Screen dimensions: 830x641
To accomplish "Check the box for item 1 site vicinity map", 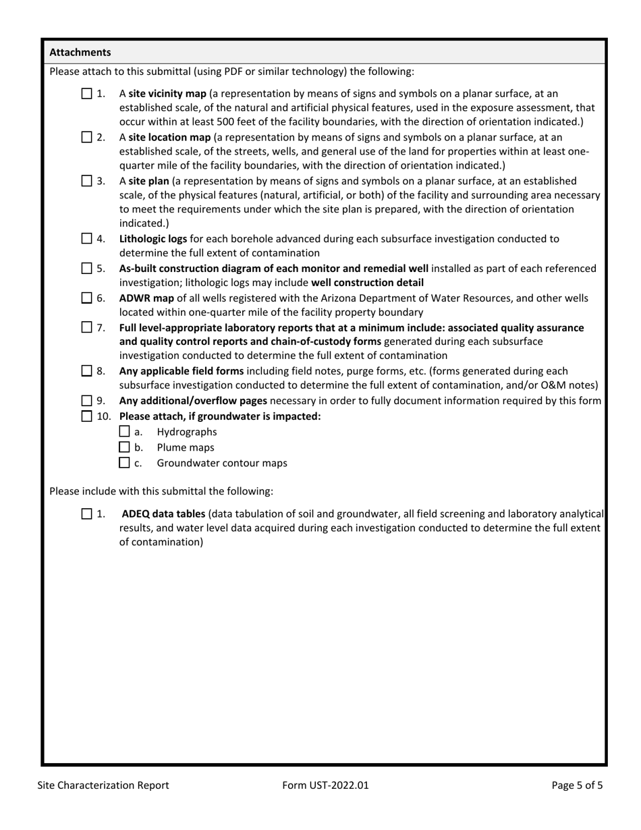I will pyautogui.click(x=87, y=94).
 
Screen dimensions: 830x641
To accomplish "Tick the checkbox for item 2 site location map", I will pyautogui.click(x=87, y=138).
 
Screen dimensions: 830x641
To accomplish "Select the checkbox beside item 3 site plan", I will pyautogui.click(x=87, y=181).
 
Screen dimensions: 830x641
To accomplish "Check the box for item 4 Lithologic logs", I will pyautogui.click(x=87, y=239).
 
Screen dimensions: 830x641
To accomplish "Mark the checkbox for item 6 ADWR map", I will pyautogui.click(x=87, y=298).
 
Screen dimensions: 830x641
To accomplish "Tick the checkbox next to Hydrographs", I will pyautogui.click(x=124, y=432).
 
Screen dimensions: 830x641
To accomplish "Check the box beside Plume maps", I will pyautogui.click(x=124, y=447).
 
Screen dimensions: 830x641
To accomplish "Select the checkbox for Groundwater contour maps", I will pyautogui.click(x=124, y=463).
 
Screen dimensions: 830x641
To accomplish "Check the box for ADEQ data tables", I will pyautogui.click(x=87, y=514).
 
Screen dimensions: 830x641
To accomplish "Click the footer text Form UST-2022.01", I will pyautogui.click(x=327, y=785).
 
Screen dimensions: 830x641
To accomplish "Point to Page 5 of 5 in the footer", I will pyautogui.click(x=577, y=785).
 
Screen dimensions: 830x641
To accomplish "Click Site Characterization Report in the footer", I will pyautogui.click(x=103, y=785).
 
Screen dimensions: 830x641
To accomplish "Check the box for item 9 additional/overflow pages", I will pyautogui.click(x=87, y=401).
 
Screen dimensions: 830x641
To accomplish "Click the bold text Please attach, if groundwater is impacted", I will pyautogui.click(x=220, y=416).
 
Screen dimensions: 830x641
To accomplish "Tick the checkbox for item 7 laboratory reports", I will pyautogui.click(x=87, y=327).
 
